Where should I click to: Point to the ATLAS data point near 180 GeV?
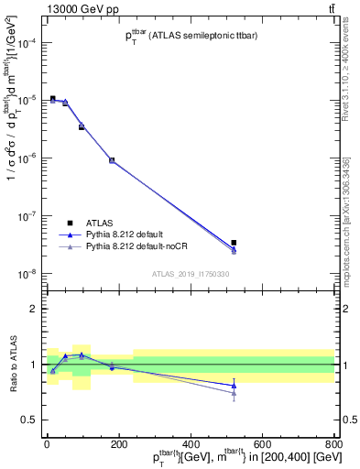(112, 160)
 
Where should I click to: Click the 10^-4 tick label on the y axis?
(27, 42)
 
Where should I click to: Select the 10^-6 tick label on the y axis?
(27, 158)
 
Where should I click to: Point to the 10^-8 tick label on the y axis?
(27, 274)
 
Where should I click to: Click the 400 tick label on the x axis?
(190, 444)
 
